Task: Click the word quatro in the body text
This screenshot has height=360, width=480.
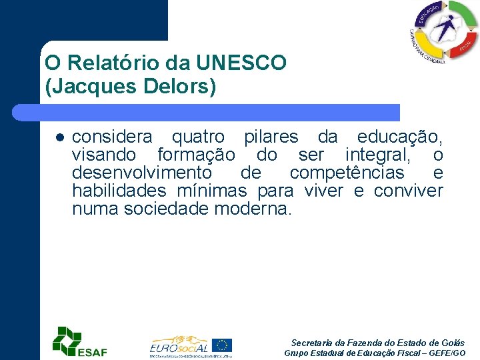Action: click(x=198, y=138)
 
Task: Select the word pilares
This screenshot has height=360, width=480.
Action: click(x=271, y=138)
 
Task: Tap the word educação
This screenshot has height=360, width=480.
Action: click(x=399, y=138)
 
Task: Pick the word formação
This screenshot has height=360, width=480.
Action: click(x=196, y=156)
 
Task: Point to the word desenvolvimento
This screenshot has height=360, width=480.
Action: click(x=142, y=174)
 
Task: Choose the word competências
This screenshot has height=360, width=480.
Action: click(x=347, y=174)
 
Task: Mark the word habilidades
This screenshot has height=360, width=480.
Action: click(x=119, y=192)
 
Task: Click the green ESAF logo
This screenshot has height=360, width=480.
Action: click(x=79, y=341)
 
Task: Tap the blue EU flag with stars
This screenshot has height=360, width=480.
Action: click(x=223, y=345)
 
